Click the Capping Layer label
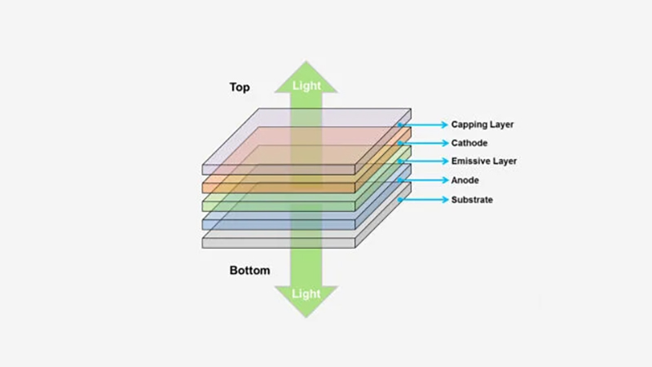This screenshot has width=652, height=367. [x=482, y=125]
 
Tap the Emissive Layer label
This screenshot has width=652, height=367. [x=484, y=161]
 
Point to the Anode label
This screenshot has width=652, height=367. [x=465, y=180]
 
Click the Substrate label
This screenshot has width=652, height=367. [x=472, y=200]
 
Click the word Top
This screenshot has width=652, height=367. [x=240, y=87]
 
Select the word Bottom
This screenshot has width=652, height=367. [x=249, y=270]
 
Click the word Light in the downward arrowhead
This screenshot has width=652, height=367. [x=306, y=293]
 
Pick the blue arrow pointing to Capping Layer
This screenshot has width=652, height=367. [x=424, y=125]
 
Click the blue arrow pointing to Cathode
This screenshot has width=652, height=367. [x=424, y=144]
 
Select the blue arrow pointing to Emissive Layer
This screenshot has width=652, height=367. [x=424, y=161]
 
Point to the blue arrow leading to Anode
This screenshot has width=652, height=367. [x=424, y=180]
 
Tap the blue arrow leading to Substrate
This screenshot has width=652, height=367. [x=424, y=200]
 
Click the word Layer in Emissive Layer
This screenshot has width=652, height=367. [x=503, y=161]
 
